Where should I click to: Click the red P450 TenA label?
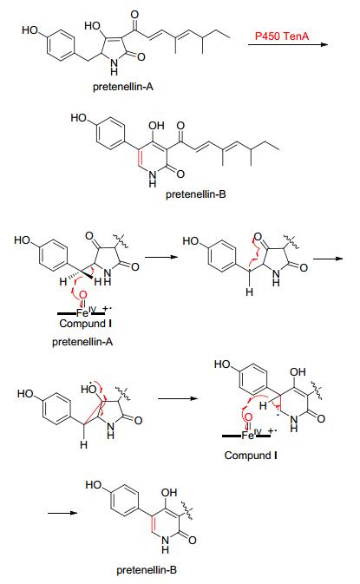pyautogui.click(x=282, y=36)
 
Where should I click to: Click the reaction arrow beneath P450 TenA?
pyautogui.click(x=288, y=45)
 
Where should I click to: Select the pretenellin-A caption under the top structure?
pyautogui.click(x=123, y=87)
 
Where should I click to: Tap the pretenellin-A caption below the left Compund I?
pyautogui.click(x=82, y=342)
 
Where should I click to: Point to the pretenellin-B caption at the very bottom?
pyautogui.click(x=147, y=570)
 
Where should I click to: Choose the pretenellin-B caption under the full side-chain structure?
pyautogui.click(x=196, y=194)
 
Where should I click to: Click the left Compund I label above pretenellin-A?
pyautogui.click(x=85, y=324)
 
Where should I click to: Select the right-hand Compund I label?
pyautogui.click(x=251, y=455)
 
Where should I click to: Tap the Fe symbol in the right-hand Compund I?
pyautogui.click(x=247, y=435)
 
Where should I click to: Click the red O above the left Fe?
pyautogui.click(x=83, y=296)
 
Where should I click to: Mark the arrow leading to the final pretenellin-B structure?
pyautogui.click(x=62, y=513)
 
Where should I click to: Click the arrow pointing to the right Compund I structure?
pyautogui.click(x=178, y=398)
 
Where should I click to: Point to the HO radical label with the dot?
pyautogui.click(x=89, y=389)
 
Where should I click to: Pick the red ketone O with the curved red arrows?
pyautogui.click(x=258, y=237)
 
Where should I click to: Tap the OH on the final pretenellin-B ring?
pyautogui.click(x=169, y=492)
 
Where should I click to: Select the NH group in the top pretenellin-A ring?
pyautogui.click(x=114, y=66)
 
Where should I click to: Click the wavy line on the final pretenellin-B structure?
pyautogui.click(x=187, y=510)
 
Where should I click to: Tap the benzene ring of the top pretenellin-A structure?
pyautogui.click(x=61, y=45)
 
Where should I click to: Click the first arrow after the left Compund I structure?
pyautogui.click(x=161, y=257)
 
